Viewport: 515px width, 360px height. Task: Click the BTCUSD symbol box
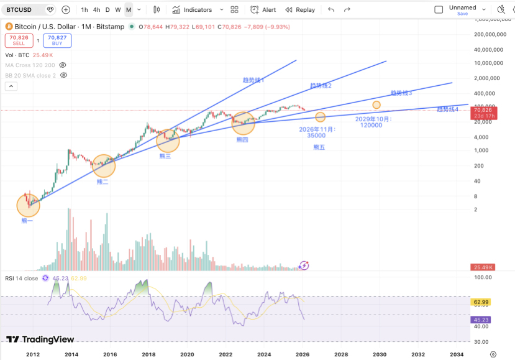[24, 10]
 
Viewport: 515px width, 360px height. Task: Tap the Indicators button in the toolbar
[192, 10]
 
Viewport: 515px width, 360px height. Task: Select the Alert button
[263, 10]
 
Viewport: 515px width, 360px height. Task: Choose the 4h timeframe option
[96, 10]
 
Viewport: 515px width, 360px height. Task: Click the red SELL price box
[19, 40]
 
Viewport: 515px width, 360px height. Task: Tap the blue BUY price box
[57, 40]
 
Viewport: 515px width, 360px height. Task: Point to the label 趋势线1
[254, 80]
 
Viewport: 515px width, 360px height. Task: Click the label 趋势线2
[321, 85]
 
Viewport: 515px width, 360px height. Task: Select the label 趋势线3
[401, 93]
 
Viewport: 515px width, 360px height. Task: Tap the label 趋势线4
[447, 109]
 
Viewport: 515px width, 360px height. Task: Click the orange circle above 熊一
[28, 205]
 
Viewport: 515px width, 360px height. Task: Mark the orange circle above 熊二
[104, 165]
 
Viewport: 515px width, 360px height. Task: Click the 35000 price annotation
[316, 135]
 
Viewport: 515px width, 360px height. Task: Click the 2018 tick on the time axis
[148, 354]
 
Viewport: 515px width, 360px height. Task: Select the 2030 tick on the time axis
[379, 354]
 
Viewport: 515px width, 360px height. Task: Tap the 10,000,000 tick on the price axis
[488, 63]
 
